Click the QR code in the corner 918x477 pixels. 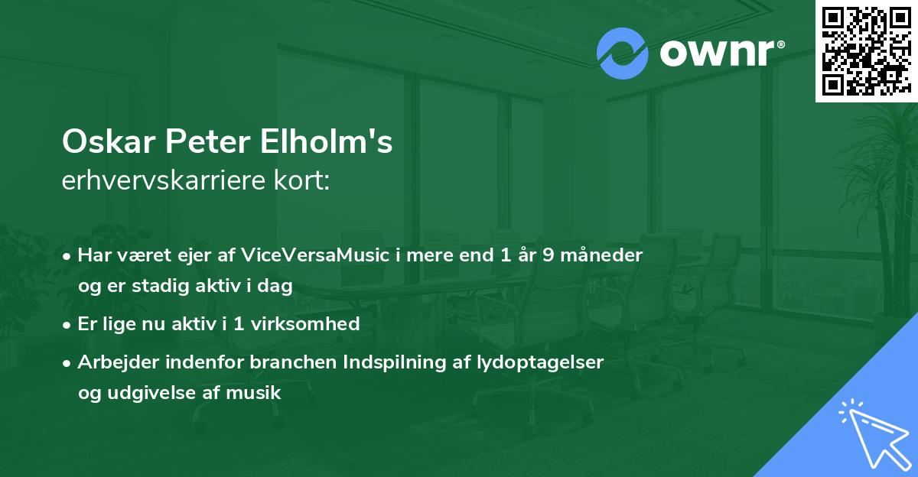866,50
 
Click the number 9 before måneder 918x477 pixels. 548,255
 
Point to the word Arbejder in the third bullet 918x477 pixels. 112,362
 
